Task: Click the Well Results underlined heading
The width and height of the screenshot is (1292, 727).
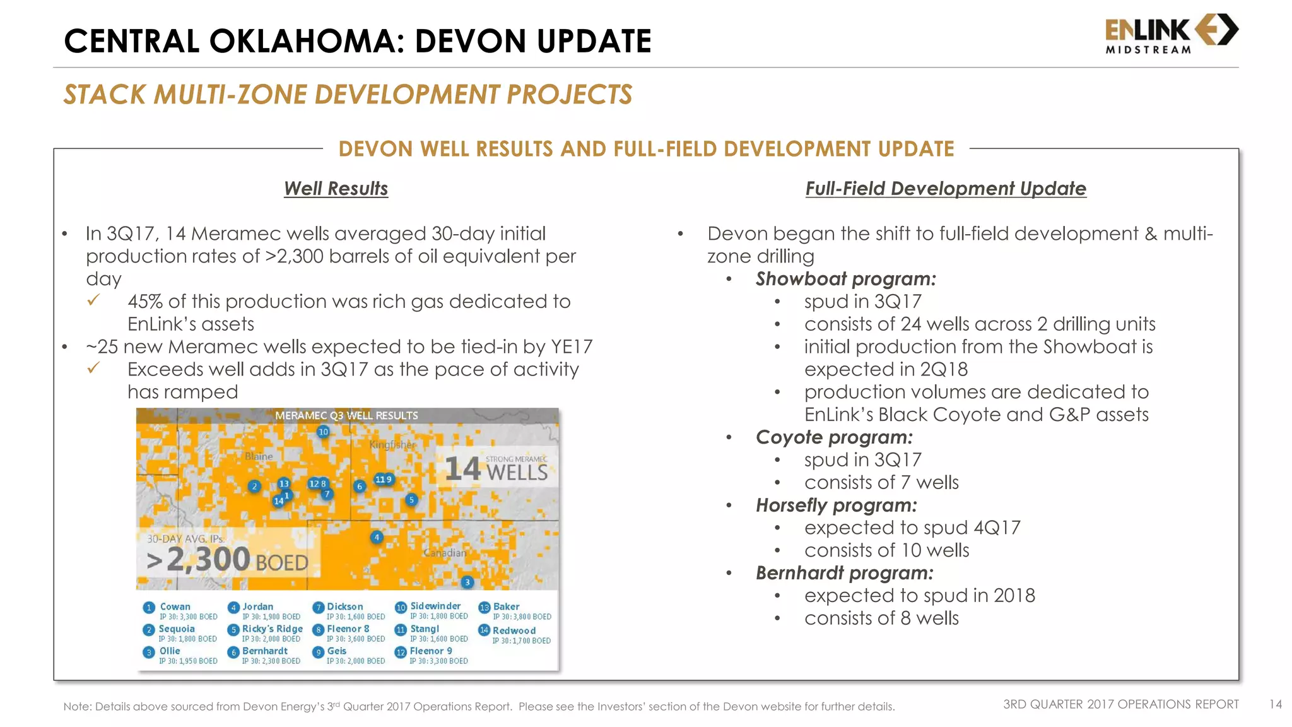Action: click(x=336, y=188)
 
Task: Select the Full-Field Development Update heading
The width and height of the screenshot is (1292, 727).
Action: click(x=945, y=188)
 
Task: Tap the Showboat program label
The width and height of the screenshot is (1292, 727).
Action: click(x=845, y=279)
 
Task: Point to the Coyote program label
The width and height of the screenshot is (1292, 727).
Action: click(x=834, y=437)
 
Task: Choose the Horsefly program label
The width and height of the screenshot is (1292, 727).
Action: click(x=836, y=505)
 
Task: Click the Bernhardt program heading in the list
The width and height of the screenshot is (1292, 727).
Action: click(x=844, y=573)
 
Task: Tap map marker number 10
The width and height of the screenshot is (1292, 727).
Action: click(x=323, y=432)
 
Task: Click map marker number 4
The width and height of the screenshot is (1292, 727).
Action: click(x=377, y=538)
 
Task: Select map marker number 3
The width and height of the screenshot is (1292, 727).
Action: click(x=467, y=582)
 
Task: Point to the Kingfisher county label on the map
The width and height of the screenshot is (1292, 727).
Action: click(x=392, y=444)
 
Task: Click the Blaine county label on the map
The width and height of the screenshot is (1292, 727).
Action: click(x=259, y=456)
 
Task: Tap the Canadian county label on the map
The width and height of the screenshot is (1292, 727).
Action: click(x=445, y=553)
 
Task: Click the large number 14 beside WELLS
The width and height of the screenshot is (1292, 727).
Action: click(x=462, y=470)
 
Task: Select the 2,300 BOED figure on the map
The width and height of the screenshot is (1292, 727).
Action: click(x=227, y=560)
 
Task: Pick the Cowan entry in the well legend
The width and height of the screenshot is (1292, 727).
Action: click(x=175, y=606)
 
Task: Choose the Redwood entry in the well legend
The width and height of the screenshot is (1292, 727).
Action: click(x=514, y=630)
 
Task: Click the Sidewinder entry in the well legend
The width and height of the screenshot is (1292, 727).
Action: click(x=435, y=606)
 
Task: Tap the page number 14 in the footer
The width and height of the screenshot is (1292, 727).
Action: click(x=1275, y=704)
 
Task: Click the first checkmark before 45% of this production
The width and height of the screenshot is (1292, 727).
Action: click(x=93, y=300)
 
